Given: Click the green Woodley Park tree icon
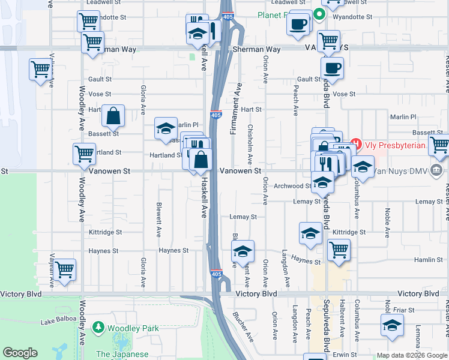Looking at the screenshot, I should (x=98, y=328).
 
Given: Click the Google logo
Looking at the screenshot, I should (x=20, y=353).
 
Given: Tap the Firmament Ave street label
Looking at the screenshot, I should (x=238, y=100).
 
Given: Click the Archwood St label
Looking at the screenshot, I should (x=291, y=186).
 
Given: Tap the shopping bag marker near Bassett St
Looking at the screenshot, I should (x=113, y=115).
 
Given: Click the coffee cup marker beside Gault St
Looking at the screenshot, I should (x=332, y=67).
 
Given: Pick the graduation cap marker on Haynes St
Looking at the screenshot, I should (x=243, y=251).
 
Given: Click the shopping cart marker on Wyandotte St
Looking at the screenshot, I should (x=88, y=21).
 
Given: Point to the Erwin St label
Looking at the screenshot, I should (x=345, y=355).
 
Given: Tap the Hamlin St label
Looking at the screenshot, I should (x=429, y=260).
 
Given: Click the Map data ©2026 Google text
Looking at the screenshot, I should (x=411, y=355).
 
